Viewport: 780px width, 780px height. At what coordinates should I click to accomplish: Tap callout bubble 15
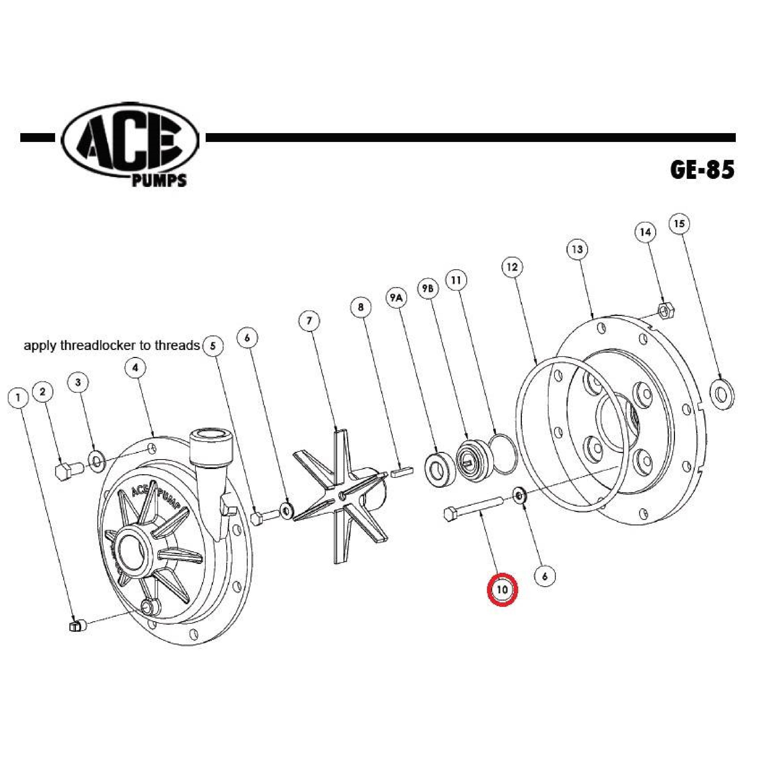coord(679,223)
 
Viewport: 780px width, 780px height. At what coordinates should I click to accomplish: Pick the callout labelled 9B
coord(428,288)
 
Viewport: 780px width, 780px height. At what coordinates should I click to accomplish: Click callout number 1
coord(18,398)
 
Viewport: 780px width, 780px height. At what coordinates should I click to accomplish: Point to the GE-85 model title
coord(703,170)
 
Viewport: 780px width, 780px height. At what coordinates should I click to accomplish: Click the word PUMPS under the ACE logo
coord(159,180)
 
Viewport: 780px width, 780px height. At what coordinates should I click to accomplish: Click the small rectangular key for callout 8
coord(401,472)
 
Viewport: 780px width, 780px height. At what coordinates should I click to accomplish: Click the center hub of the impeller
coord(341,494)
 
